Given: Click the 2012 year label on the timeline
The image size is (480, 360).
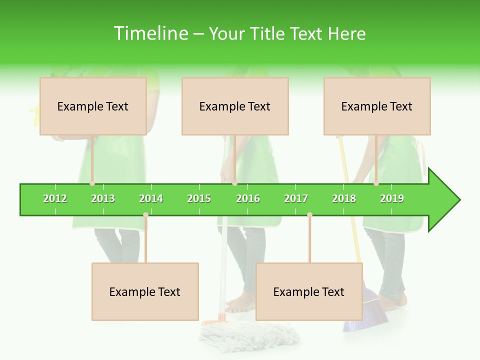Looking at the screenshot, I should (55, 198).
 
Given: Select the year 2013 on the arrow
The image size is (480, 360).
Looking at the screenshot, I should (103, 198).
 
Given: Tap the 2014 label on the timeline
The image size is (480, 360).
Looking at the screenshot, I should (151, 198).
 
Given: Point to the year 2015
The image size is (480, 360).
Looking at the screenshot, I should (199, 198).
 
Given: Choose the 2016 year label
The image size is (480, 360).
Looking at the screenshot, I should (248, 198).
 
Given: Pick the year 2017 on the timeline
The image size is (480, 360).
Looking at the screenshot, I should (296, 198).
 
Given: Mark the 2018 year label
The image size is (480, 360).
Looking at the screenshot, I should (344, 198).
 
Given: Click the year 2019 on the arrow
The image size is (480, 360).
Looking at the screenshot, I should (392, 198).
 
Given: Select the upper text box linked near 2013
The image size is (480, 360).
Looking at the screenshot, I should (93, 106).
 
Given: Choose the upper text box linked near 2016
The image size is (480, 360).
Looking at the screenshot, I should (235, 106).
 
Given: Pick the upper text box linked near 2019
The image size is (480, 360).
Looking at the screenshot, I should (377, 106).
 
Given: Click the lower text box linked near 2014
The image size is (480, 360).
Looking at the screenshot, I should (145, 291).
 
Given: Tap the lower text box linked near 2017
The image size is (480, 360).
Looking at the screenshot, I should (309, 291).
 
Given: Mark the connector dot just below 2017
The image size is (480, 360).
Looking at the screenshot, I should (309, 214).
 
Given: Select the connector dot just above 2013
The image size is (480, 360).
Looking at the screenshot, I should (92, 183).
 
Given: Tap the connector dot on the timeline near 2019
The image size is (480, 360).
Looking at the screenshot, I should (376, 183).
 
